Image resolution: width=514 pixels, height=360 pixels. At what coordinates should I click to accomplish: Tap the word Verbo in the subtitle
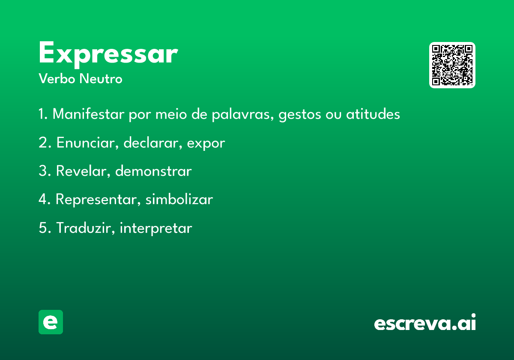tap(57, 79)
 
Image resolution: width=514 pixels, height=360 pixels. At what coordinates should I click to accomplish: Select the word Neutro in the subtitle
tap(101, 79)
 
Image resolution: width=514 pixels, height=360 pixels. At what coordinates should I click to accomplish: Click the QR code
tap(452, 65)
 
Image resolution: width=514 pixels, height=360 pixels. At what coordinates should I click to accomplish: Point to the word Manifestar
tap(88, 114)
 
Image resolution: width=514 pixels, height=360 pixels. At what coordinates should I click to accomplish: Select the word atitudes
tap(373, 114)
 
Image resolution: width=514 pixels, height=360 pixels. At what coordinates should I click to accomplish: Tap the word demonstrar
tap(153, 171)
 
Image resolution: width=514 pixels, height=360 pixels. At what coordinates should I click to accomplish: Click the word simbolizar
tap(179, 199)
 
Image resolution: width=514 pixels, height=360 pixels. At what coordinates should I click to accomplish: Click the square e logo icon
tap(51, 322)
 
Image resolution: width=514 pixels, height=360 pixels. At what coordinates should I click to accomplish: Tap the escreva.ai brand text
tap(425, 322)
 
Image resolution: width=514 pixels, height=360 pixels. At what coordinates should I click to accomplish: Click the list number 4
tap(43, 199)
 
